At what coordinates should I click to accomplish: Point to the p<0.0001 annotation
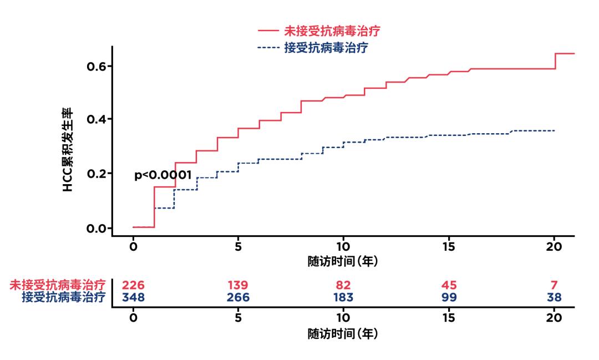pos(163,175)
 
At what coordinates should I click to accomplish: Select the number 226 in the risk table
pos(133,286)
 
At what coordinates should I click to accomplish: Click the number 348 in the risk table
pos(133,298)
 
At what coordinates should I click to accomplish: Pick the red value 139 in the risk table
pos(238,286)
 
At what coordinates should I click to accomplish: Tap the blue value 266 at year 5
pos(238,298)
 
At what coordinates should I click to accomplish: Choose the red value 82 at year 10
pos(343,286)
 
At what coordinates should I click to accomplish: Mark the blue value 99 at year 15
pos(449,298)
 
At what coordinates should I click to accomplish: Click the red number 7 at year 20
pos(554,286)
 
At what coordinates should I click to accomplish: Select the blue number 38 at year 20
pos(554,298)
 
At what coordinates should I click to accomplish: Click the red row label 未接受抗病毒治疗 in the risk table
pos(58,286)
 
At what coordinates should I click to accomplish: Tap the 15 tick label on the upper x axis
pos(449,247)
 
